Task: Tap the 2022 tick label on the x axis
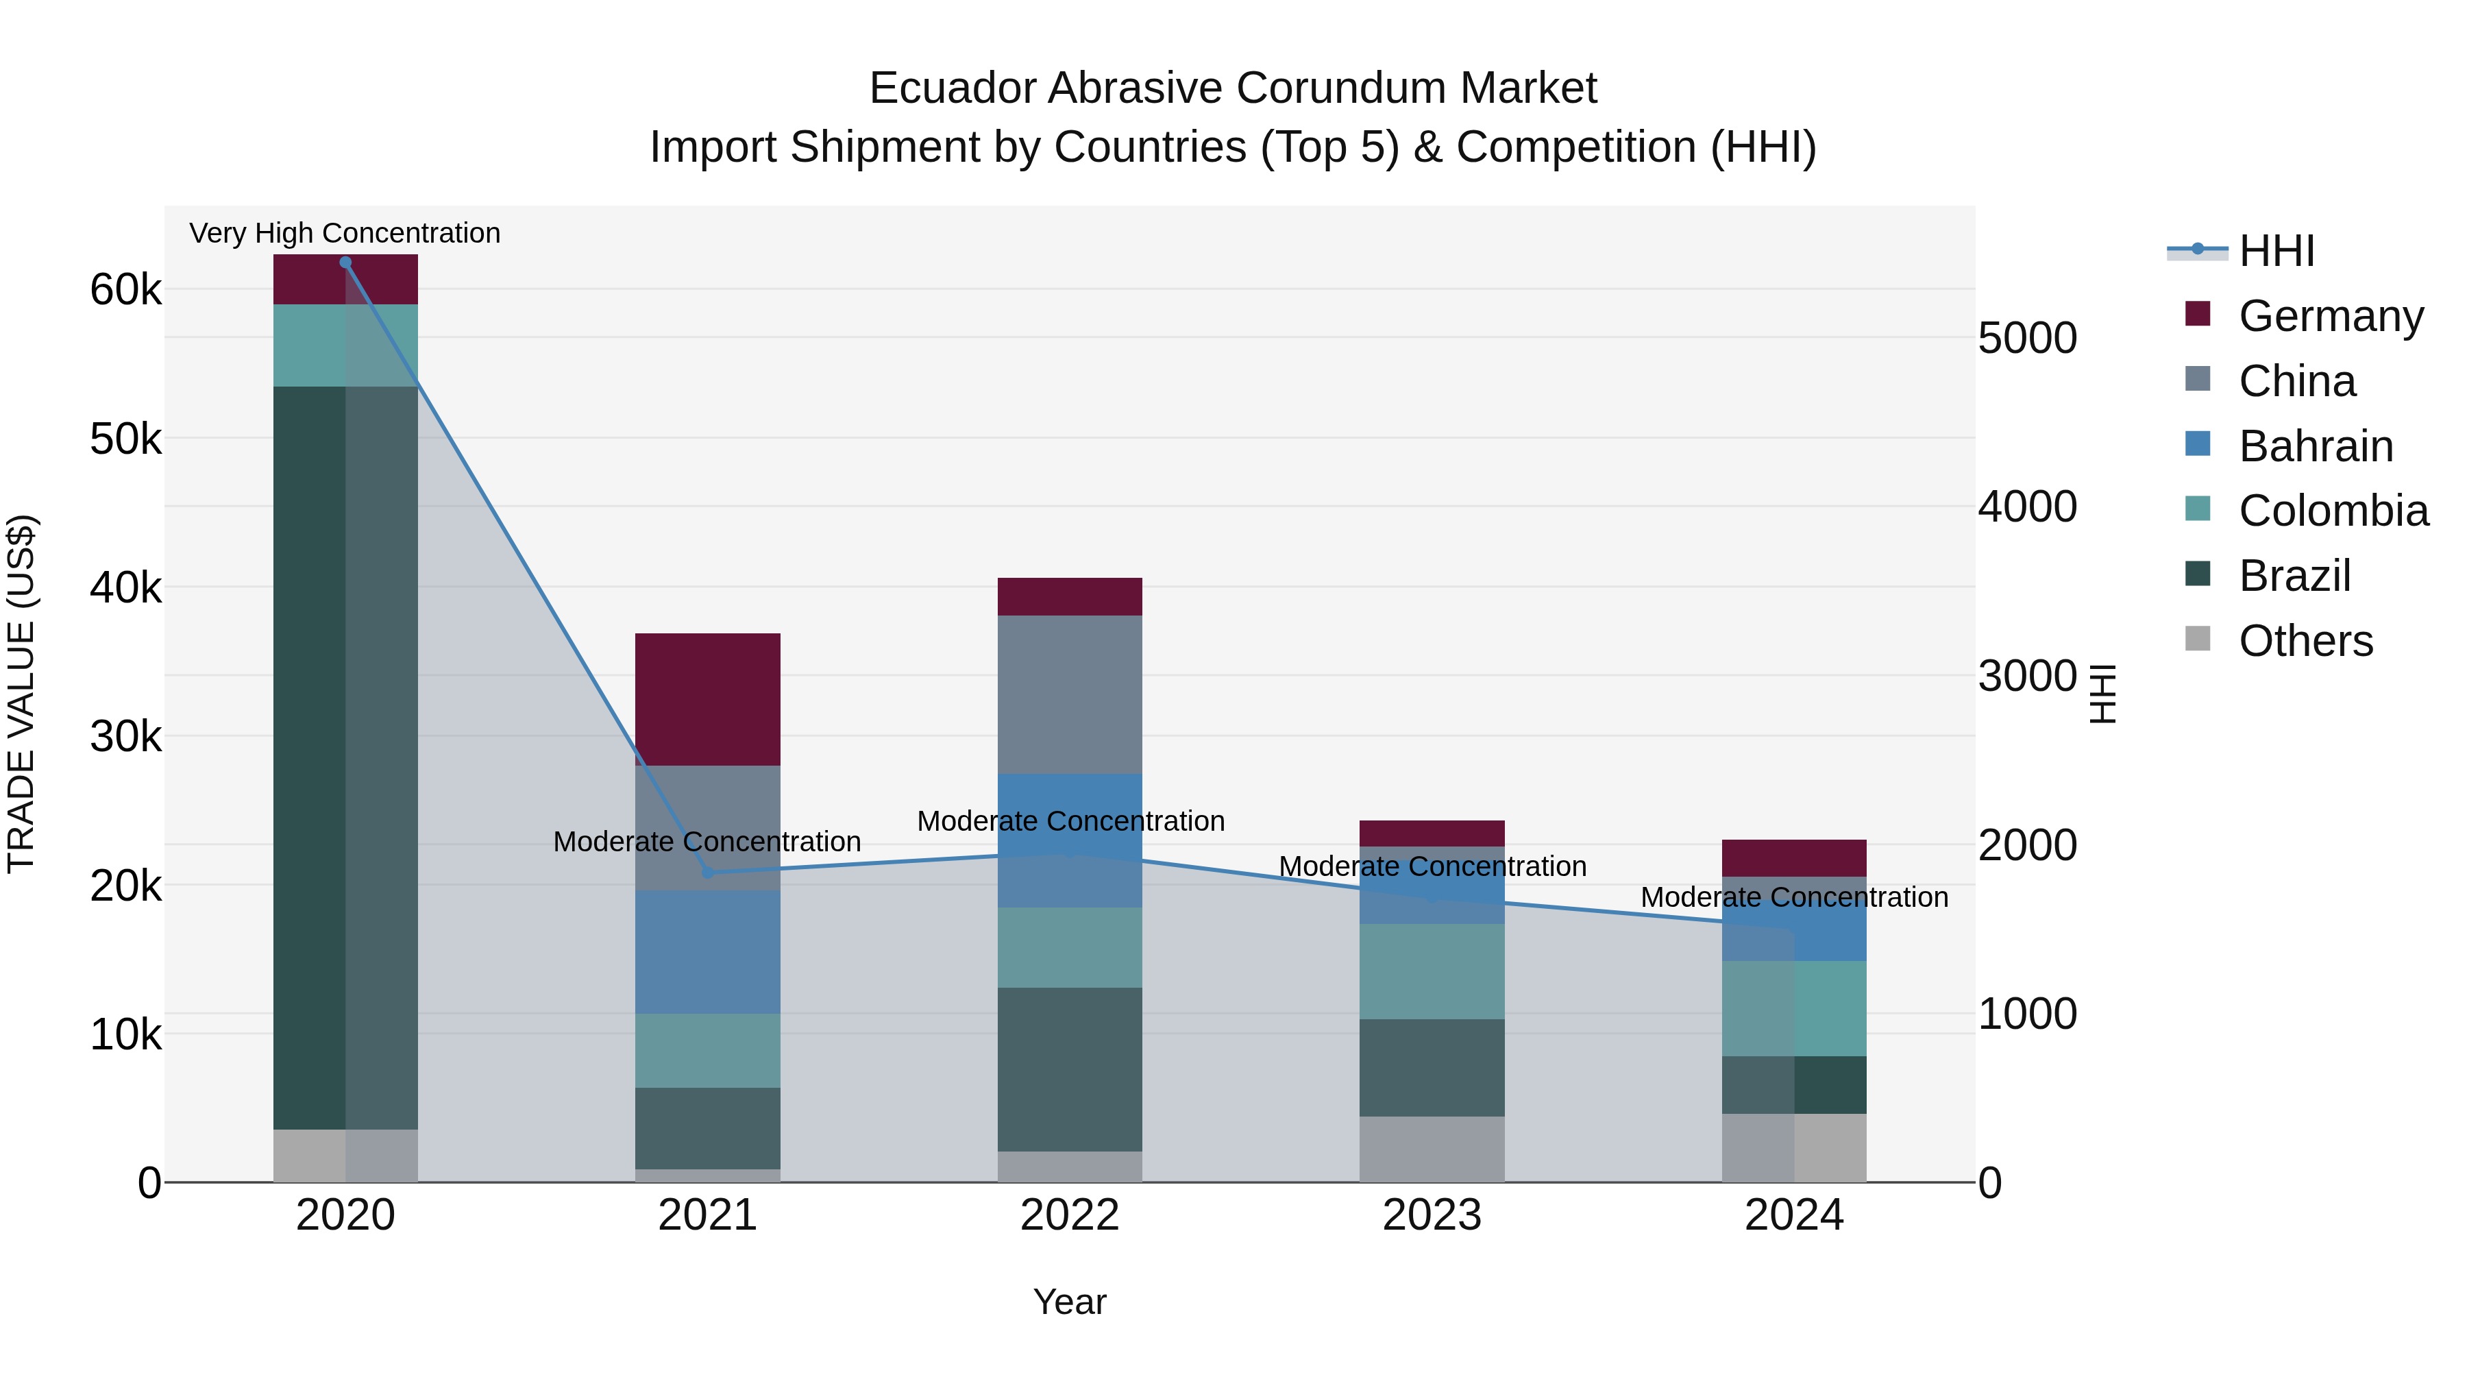tap(1070, 1215)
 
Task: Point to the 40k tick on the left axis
tap(126, 588)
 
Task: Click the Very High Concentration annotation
tap(345, 234)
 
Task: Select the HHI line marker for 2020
tap(346, 263)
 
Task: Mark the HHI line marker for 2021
tap(708, 872)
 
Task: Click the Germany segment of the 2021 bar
tap(708, 699)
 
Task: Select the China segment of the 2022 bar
tap(1070, 694)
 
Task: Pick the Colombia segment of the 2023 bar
tap(1432, 971)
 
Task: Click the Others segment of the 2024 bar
tap(1794, 1147)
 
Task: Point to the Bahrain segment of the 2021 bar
tap(708, 952)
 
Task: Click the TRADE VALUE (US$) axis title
tap(21, 694)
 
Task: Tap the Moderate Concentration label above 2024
tap(1794, 897)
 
